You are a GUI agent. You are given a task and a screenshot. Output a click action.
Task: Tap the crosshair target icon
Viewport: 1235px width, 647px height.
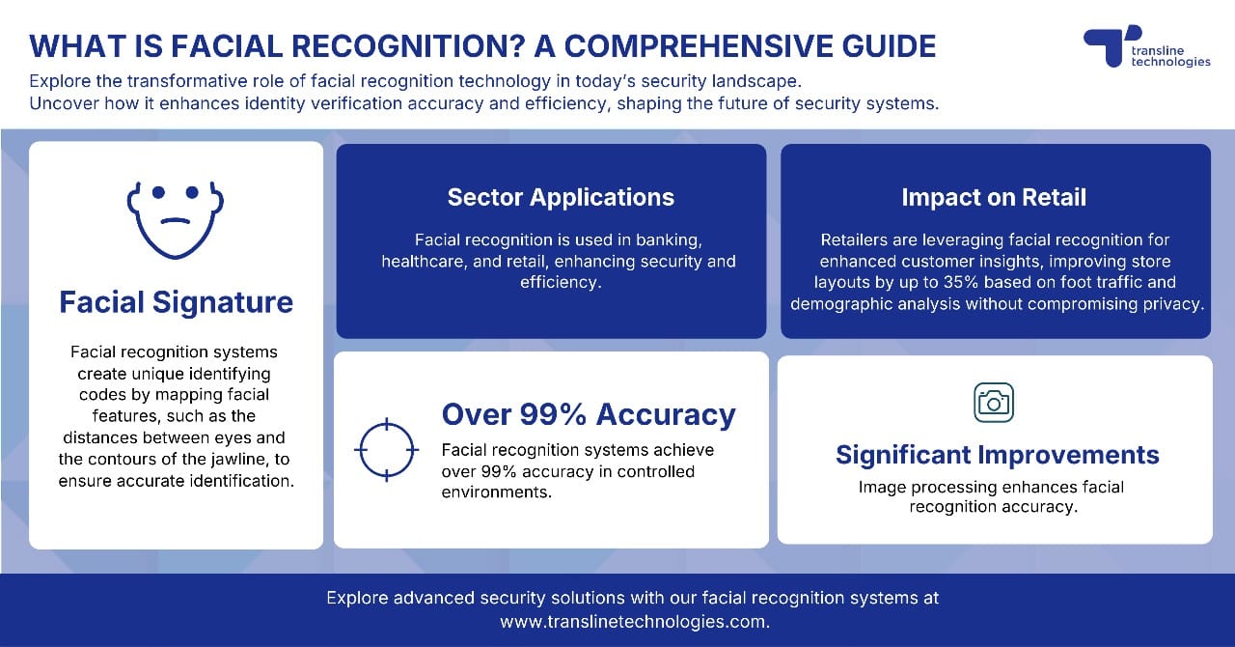tap(386, 450)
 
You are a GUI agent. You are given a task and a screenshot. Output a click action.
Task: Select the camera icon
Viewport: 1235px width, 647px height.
tap(994, 402)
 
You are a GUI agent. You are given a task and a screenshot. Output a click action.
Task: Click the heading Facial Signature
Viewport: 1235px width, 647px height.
tap(176, 302)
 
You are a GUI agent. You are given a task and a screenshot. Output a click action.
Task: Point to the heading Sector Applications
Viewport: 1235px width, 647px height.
tap(561, 197)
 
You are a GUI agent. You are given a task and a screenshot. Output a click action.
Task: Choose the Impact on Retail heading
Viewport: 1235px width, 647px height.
tap(994, 197)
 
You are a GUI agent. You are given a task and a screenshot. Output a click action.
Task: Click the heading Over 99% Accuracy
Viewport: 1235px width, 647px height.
tap(589, 414)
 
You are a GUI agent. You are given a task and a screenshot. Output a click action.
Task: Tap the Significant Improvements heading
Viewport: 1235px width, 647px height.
tap(998, 455)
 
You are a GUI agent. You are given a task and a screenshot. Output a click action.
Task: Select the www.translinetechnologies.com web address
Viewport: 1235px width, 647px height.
tap(633, 623)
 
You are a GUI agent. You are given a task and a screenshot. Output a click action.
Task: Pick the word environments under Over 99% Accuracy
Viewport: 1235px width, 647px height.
tap(496, 492)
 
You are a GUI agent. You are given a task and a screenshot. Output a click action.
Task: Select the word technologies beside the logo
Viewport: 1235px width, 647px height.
tap(1170, 62)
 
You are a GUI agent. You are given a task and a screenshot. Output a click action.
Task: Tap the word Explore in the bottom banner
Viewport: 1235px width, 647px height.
tap(358, 598)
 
